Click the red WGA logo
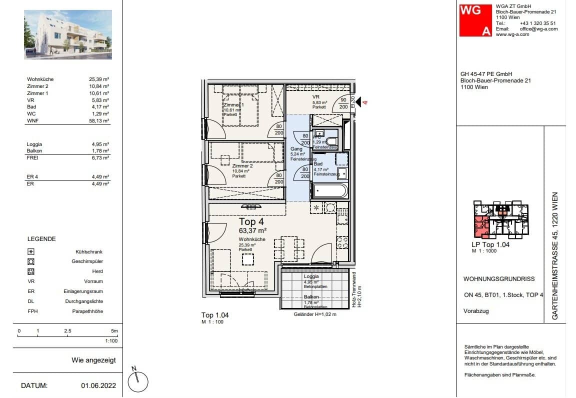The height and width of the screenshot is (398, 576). pos(475,20)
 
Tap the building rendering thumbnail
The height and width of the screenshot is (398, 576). pos(68,35)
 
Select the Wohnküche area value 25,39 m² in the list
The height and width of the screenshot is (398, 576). pos(99,79)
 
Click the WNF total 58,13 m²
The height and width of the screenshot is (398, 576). pos(99,120)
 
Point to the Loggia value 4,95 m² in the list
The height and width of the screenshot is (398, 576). pos(100,144)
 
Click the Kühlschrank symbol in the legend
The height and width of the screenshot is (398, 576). pos(31,252)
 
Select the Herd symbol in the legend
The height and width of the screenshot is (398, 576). pos(31,271)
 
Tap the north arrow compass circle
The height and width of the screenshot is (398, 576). pos(138,382)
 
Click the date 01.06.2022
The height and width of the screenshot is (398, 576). pos(98,385)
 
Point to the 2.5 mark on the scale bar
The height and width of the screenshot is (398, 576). pos(67,331)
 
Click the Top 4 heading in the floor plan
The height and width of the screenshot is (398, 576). pos(251,222)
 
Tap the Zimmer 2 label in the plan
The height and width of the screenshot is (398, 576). pos(242,165)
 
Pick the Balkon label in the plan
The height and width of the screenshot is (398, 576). pos(311,297)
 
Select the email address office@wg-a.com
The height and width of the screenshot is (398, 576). pos(538,29)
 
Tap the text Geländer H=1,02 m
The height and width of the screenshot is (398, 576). pos(314,314)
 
